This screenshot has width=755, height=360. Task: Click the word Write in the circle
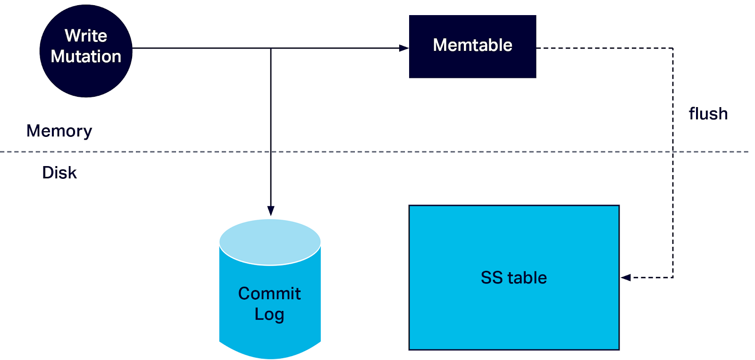(86, 36)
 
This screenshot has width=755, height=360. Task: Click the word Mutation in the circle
(86, 57)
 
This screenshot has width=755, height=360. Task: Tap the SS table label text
(513, 277)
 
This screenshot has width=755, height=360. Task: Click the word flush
(708, 114)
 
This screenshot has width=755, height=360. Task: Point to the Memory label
(59, 131)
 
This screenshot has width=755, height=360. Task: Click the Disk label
(59, 173)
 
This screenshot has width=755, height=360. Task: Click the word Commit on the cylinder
(269, 293)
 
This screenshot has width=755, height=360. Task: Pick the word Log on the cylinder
(269, 314)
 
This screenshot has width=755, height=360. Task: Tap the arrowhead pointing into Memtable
(404, 48)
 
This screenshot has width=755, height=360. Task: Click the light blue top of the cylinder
(270, 242)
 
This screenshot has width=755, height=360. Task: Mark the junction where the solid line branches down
(271, 48)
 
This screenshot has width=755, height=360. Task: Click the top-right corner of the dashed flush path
(673, 48)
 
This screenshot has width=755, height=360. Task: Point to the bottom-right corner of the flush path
(673, 277)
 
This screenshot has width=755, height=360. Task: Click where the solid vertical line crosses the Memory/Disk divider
(271, 152)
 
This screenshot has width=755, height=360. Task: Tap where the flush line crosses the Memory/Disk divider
(673, 152)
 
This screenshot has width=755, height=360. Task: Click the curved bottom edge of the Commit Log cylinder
(270, 357)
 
